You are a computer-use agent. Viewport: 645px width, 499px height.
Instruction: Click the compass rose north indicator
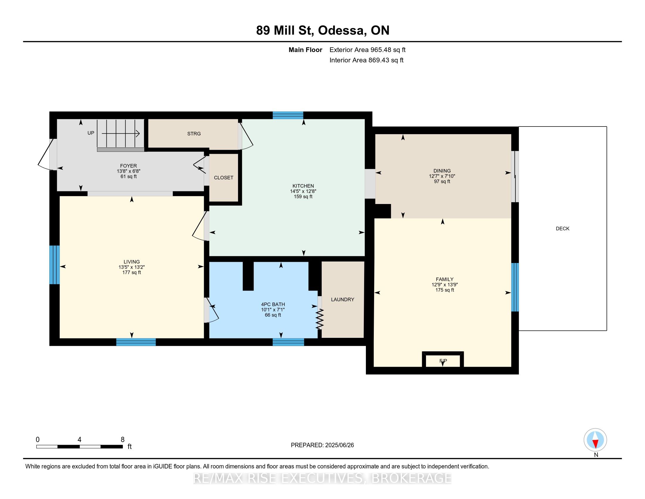595,440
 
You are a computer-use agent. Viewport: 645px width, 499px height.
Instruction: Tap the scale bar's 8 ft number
123,440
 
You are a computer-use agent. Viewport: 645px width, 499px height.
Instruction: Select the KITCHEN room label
303,186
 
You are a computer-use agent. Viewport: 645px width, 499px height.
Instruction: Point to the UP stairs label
91,133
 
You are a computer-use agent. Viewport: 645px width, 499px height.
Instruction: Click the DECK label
562,228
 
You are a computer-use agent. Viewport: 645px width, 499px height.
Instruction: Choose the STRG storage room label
194,134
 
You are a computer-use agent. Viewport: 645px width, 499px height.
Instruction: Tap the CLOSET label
224,178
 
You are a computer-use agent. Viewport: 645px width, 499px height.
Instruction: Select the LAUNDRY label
342,299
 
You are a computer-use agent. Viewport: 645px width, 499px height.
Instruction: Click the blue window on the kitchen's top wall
288,115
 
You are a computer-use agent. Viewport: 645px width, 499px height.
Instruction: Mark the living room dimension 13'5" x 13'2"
132,267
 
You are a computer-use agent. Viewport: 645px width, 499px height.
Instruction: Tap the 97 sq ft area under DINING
442,181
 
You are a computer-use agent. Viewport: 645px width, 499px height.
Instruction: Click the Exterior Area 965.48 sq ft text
367,50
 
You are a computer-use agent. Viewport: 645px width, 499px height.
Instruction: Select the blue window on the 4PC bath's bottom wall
288,342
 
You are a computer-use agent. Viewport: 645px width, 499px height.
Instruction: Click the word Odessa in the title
341,31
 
